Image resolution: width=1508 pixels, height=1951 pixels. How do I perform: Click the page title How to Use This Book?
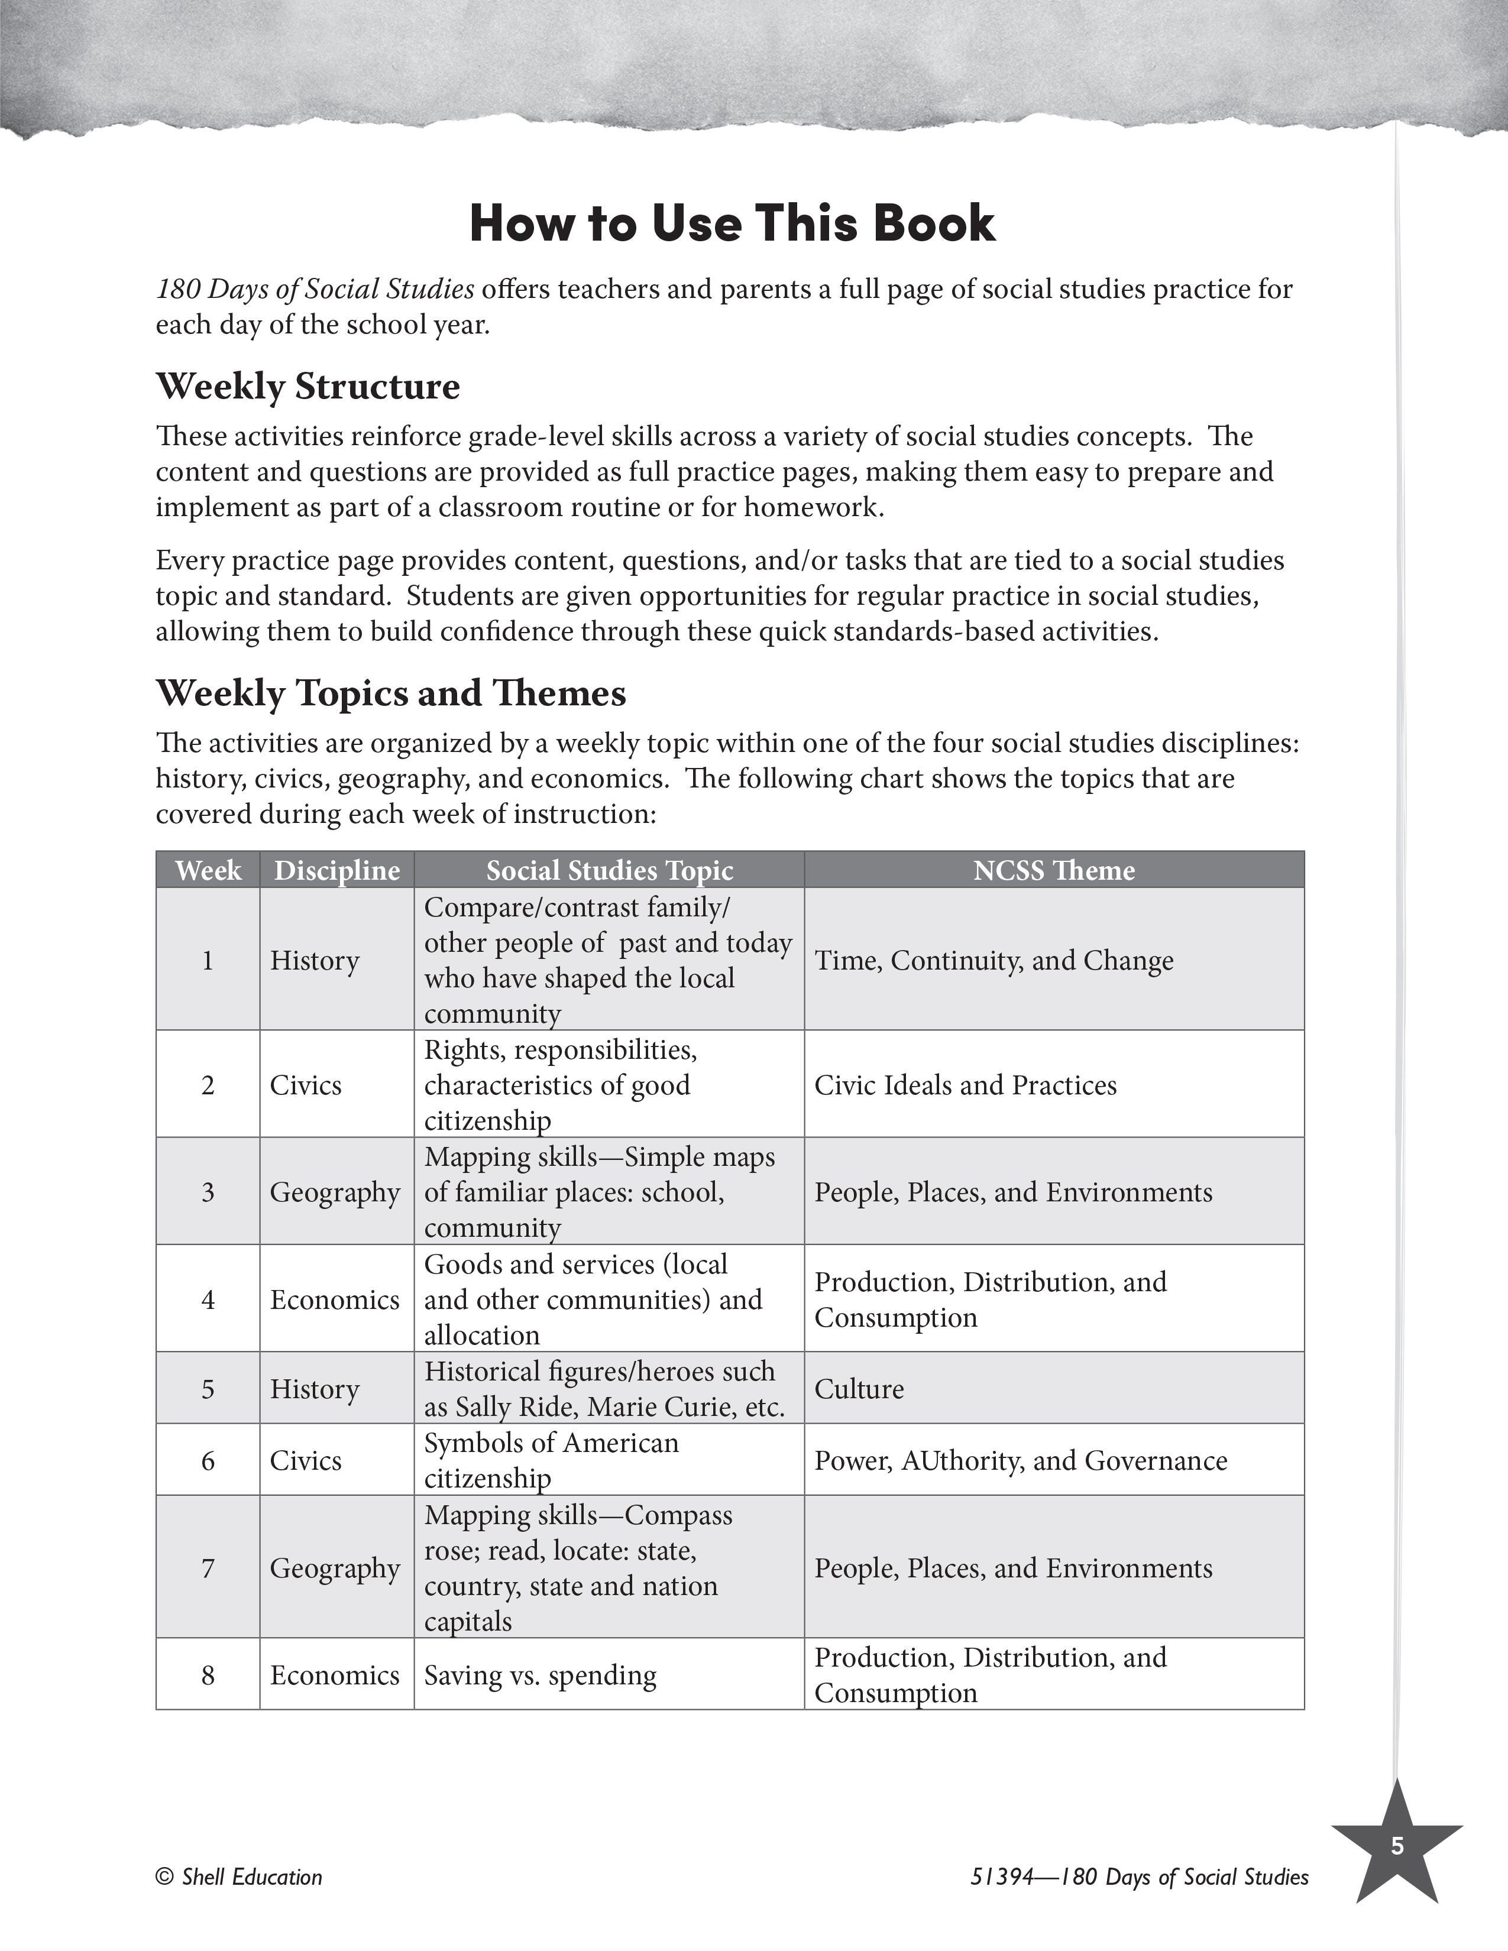click(732, 223)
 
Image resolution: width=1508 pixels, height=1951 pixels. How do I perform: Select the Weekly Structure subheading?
click(308, 386)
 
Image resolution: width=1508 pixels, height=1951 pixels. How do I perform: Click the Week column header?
click(208, 870)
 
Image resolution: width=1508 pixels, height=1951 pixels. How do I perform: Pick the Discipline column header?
click(337, 870)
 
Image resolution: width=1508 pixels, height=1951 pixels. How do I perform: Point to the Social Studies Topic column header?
click(609, 870)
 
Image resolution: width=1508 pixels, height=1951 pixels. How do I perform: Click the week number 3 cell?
click(208, 1192)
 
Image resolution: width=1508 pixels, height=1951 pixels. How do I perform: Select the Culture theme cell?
click(859, 1388)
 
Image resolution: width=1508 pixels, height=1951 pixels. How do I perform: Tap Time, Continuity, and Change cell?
click(994, 960)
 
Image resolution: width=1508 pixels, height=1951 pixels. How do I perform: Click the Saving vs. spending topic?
click(539, 1675)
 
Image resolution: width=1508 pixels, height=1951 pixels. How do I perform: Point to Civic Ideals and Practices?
click(965, 1084)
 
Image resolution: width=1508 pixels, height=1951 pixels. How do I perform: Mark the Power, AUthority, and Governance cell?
click(1020, 1460)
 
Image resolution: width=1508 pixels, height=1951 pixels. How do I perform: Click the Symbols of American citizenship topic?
click(551, 1460)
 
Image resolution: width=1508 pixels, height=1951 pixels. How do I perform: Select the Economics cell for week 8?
click(334, 1675)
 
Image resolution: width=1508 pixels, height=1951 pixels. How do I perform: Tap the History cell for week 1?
click(315, 960)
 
